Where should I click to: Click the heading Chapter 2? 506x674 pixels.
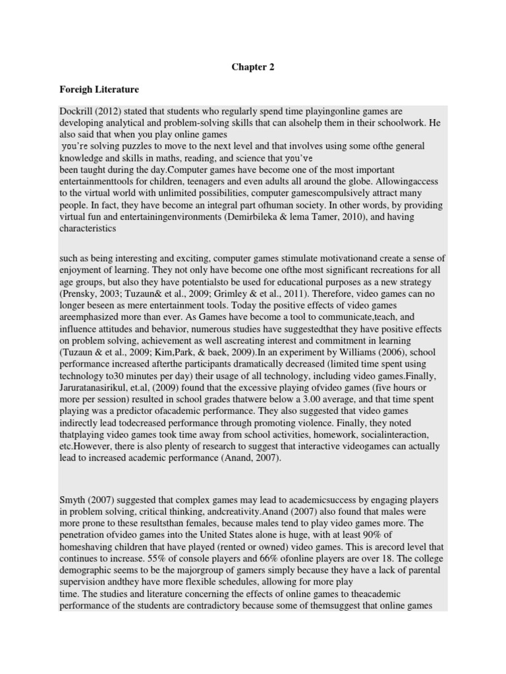tap(253, 66)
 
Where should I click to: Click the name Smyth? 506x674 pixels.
tap(74, 501)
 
